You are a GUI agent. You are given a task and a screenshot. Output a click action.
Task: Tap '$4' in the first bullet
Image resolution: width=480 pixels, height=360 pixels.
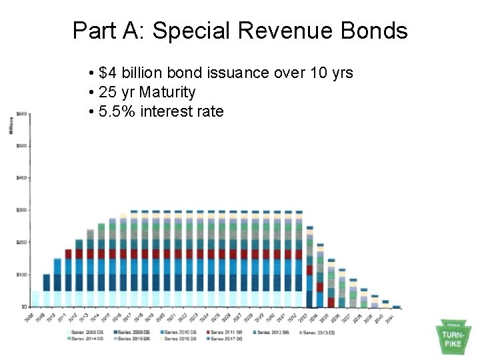tap(106, 73)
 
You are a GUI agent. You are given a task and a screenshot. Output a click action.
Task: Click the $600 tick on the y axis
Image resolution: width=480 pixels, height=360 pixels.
tap(22, 114)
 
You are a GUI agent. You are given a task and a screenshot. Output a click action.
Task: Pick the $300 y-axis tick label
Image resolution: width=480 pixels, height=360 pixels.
tap(22, 210)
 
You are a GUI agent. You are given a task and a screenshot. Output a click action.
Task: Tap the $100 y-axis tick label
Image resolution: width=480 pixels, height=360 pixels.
tap(22, 274)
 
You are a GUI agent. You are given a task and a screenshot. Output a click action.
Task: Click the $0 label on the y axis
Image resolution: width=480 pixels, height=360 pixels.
tap(24, 306)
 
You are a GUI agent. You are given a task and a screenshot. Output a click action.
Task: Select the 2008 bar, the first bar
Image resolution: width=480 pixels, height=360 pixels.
tap(35, 298)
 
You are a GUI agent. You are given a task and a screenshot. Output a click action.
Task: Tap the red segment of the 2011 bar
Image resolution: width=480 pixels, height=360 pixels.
tap(69, 254)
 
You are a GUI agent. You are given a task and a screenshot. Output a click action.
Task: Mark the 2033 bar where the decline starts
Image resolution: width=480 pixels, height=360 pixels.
tap(309, 267)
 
